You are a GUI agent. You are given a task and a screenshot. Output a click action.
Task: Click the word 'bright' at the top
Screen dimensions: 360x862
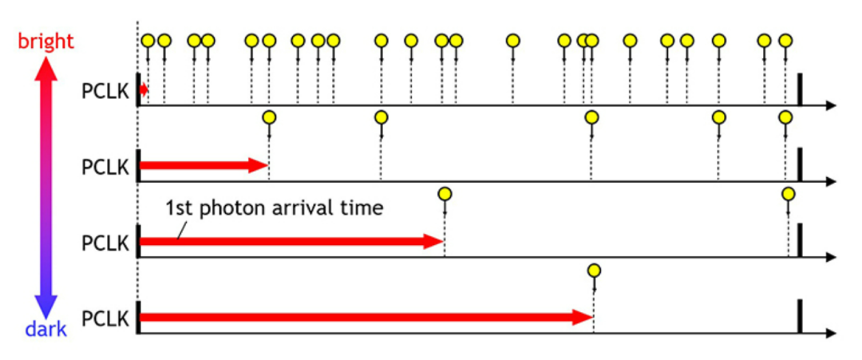pos(45,42)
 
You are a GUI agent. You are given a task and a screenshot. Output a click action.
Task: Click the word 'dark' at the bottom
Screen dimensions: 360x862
pos(45,327)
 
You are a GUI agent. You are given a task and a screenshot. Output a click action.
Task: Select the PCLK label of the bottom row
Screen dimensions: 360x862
pos(105,318)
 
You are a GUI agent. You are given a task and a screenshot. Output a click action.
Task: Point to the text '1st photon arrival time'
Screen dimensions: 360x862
pos(275,209)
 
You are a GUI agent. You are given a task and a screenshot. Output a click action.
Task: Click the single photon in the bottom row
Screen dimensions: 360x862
pos(593,271)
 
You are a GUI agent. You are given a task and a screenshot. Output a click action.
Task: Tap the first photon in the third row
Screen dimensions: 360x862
pos(445,193)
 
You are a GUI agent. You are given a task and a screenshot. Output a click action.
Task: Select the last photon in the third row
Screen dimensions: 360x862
pos(788,193)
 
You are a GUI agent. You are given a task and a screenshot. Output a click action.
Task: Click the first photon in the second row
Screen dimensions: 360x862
pos(269,117)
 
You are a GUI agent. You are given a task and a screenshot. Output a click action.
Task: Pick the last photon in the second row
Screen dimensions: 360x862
pos(785,117)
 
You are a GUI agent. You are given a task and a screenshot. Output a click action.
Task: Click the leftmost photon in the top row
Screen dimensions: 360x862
pos(148,40)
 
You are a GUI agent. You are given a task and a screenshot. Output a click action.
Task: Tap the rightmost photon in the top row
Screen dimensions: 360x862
pos(785,40)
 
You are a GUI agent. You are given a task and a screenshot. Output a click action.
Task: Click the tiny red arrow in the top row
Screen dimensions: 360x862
pos(144,90)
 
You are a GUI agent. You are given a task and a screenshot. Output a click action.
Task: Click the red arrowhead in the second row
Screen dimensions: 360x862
pos(259,165)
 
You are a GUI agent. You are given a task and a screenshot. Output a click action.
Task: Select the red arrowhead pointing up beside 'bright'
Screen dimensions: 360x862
pos(45,69)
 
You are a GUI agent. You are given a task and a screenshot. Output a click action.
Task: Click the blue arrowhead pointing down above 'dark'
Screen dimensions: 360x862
pos(45,303)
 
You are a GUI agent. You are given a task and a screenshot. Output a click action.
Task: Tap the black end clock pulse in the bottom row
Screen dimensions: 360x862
pos(799,317)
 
